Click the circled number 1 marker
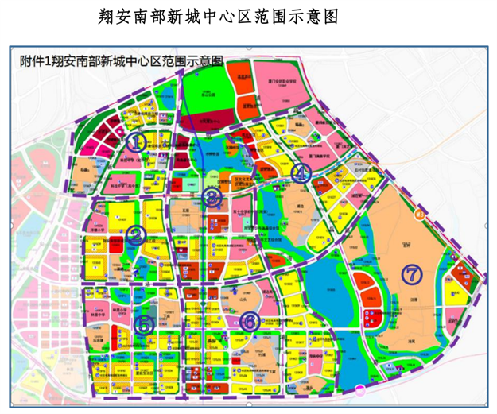point(138,142)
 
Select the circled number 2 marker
point(136,234)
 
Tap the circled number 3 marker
point(212,199)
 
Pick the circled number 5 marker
point(143,325)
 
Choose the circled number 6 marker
point(250,322)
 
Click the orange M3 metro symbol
point(421,212)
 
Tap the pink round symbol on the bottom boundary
point(359,390)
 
